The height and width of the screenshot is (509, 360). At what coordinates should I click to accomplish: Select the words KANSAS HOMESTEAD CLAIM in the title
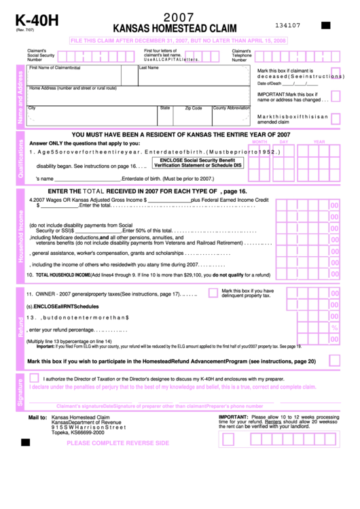click(x=175, y=29)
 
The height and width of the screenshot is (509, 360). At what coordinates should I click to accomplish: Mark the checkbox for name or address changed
click(x=336, y=98)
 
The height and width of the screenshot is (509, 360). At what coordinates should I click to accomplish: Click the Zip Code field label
click(x=193, y=108)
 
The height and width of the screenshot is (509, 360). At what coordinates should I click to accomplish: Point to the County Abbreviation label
click(x=231, y=108)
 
